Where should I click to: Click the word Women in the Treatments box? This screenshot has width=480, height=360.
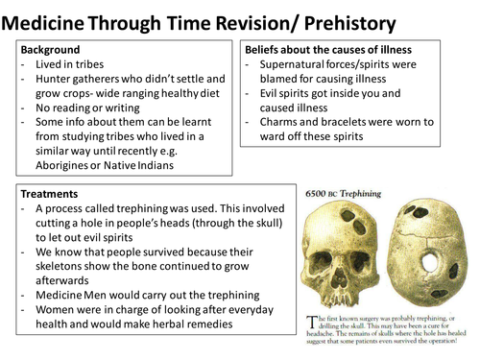(x=53, y=309)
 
